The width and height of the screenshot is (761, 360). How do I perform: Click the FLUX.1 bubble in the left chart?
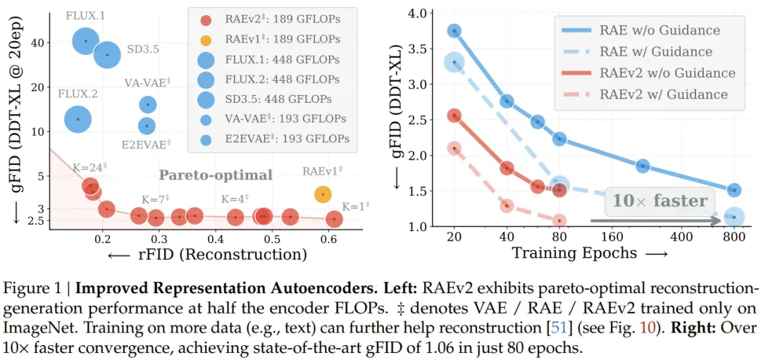pyautogui.click(x=86, y=42)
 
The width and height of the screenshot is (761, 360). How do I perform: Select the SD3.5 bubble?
pyautogui.click(x=108, y=54)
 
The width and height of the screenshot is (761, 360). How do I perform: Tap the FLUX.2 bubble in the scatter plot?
pyautogui.click(x=78, y=119)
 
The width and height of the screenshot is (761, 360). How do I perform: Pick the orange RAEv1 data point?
pyautogui.click(x=323, y=194)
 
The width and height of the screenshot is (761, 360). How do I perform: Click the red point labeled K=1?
pyautogui.click(x=334, y=219)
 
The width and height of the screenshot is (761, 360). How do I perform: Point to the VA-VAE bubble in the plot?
pyautogui.click(x=147, y=104)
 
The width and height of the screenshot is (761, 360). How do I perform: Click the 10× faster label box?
pyautogui.click(x=660, y=201)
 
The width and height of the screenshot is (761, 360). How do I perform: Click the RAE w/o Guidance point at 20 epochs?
pyautogui.click(x=454, y=31)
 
